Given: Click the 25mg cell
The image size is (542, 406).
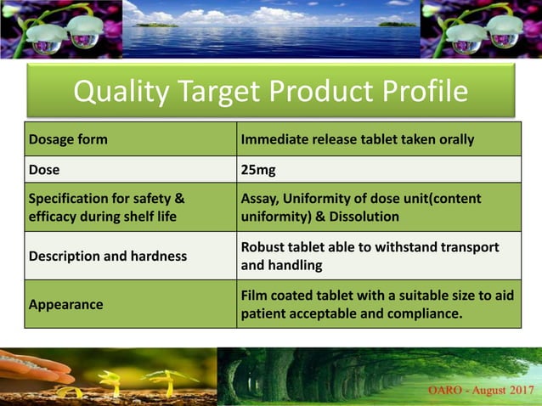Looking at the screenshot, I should (258, 170).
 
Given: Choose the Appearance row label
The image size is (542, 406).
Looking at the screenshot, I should (65, 304).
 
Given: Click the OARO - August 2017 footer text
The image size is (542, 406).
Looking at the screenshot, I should (474, 390).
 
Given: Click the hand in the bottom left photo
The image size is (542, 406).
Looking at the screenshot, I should (34, 367).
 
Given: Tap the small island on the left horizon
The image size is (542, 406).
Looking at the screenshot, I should (162, 23).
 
